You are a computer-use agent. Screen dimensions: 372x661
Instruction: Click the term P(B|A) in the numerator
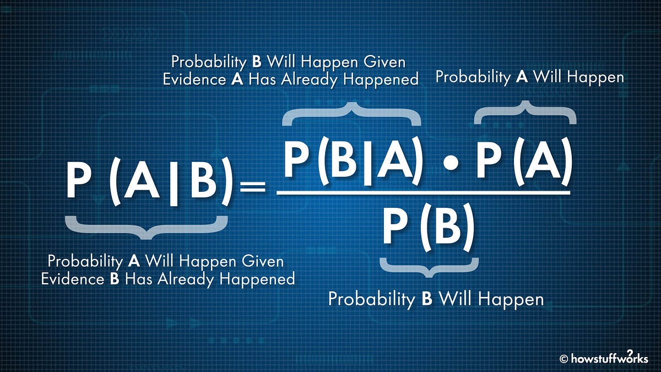click(353, 161)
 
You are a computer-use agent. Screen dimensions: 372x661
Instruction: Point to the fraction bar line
click(423, 193)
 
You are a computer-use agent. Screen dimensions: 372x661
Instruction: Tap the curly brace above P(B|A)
click(351, 112)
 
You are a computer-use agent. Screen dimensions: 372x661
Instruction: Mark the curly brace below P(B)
click(429, 266)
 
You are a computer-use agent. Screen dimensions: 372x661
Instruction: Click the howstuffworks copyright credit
click(604, 359)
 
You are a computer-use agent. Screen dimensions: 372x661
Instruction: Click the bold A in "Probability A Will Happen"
click(522, 77)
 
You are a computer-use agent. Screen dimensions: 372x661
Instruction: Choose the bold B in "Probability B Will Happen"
click(426, 299)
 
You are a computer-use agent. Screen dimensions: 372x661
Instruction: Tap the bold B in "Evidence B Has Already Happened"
click(115, 278)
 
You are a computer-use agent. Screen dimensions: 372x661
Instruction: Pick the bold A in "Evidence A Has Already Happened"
click(237, 79)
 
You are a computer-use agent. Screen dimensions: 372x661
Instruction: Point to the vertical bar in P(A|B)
click(174, 182)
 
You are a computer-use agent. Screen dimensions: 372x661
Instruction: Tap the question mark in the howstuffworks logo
click(630, 353)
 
